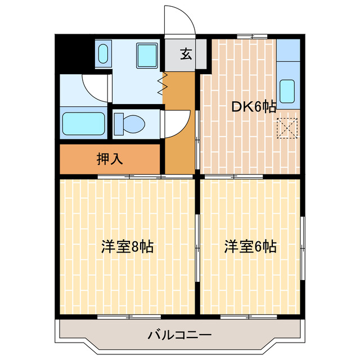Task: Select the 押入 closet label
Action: point(110,159)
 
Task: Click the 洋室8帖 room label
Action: point(128,246)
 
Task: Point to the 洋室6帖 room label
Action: point(250,246)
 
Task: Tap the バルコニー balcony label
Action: point(179,336)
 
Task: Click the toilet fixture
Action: point(129,122)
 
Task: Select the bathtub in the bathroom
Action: point(83,123)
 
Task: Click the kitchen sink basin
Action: point(287,92)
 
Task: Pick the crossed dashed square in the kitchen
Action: point(288,128)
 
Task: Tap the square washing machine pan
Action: point(148,55)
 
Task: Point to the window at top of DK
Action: point(251,37)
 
